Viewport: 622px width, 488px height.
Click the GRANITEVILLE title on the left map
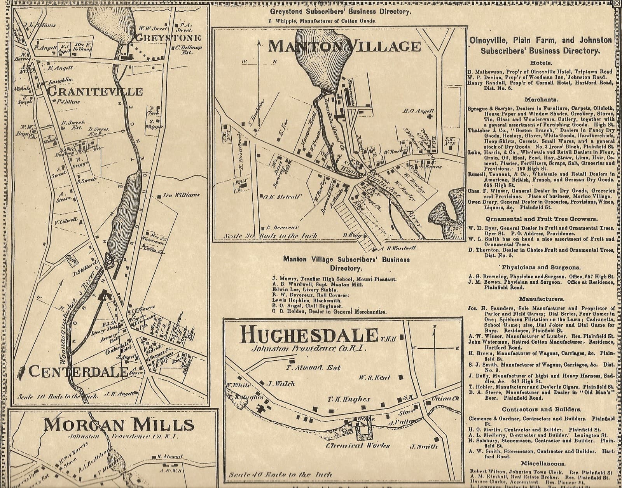pyautogui.click(x=94, y=92)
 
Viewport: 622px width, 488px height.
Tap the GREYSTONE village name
pyautogui.click(x=168, y=38)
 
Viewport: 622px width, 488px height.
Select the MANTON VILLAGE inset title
pyautogui.click(x=344, y=46)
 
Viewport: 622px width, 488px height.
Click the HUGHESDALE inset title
pyautogui.click(x=309, y=334)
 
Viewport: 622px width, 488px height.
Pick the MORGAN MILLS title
pyautogui.click(x=119, y=424)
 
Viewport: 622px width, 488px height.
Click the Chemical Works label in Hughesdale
pyautogui.click(x=358, y=446)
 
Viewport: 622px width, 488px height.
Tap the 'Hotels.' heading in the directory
pyautogui.click(x=541, y=63)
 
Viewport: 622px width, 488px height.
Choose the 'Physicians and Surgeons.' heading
pyautogui.click(x=541, y=267)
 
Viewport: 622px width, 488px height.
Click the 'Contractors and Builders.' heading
pyautogui.click(x=542, y=409)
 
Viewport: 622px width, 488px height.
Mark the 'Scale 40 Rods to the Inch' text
pyautogui.click(x=280, y=474)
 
